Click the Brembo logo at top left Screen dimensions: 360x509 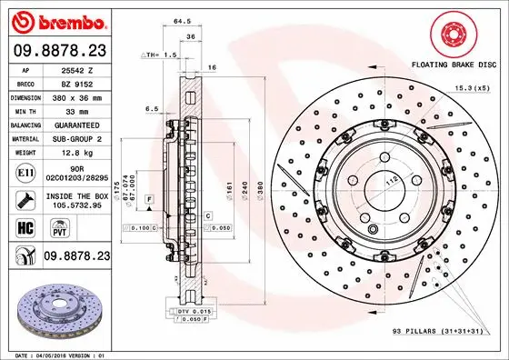click(x=59, y=19)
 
